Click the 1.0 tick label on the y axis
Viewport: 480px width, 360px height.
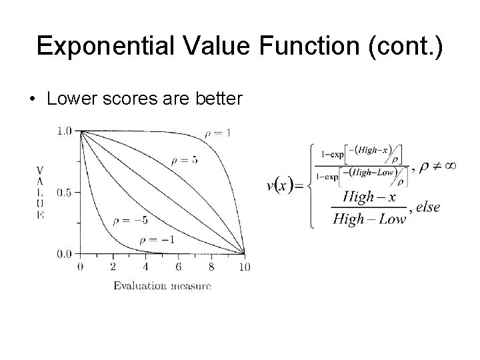[x=65, y=131]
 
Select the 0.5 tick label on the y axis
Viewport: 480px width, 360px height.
[x=65, y=193]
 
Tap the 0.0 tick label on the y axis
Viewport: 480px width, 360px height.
[x=65, y=254]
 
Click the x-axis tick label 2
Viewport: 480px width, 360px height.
[x=113, y=267]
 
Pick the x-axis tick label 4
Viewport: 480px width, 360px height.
[x=145, y=267]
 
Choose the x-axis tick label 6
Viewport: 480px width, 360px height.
[x=179, y=267]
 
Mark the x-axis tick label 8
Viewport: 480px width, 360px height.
[x=211, y=267]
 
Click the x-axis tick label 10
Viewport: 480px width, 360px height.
[x=244, y=267]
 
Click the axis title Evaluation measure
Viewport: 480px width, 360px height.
[x=162, y=286]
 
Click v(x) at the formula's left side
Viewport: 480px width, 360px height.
[x=281, y=186]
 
